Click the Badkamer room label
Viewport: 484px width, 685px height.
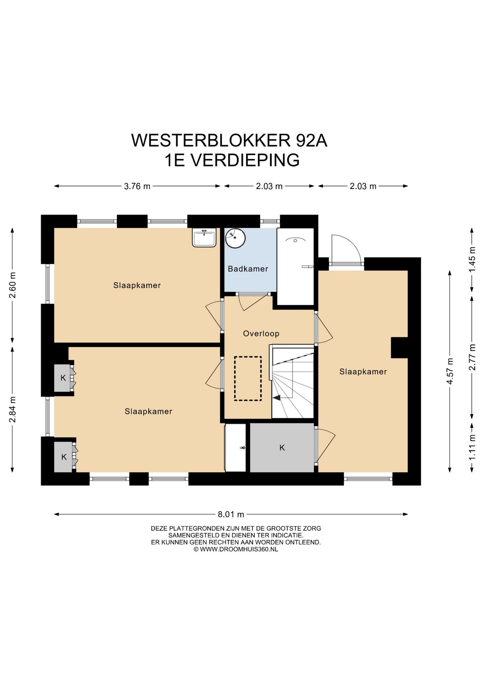(248, 269)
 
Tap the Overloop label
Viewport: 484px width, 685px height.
(261, 333)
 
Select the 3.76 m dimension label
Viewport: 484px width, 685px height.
(137, 186)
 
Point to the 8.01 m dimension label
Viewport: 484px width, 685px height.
(231, 514)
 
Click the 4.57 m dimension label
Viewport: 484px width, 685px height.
(449, 371)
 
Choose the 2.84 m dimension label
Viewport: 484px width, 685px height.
(12, 410)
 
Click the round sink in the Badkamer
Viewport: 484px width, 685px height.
(235, 238)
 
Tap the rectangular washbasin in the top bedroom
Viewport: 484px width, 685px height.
(204, 237)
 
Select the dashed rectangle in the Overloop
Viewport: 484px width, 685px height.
(248, 379)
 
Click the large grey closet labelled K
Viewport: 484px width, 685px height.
(282, 447)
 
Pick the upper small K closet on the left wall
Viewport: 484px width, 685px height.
(63, 378)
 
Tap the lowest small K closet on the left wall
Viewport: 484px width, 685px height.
(63, 457)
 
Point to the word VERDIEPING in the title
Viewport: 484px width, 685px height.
(245, 160)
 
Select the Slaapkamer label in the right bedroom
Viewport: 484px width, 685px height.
(363, 371)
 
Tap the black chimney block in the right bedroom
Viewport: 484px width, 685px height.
(399, 347)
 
